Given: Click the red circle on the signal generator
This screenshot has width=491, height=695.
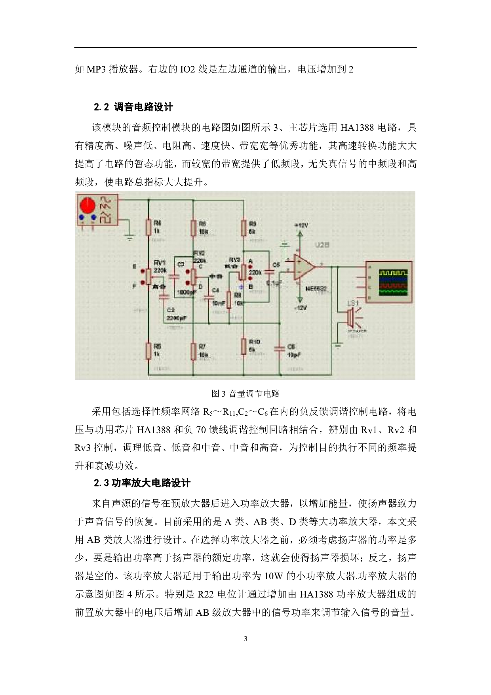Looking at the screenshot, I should [87, 205].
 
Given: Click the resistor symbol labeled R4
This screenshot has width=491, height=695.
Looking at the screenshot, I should [148, 227].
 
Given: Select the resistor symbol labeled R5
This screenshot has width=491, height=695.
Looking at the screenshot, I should [148, 351].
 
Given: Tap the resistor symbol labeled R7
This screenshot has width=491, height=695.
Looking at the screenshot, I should [193, 351].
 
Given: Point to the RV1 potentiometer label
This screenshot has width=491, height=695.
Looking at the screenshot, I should [159, 262].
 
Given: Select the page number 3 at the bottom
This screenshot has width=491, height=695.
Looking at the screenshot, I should [246, 638].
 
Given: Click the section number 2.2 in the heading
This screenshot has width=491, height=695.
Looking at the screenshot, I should [101, 107].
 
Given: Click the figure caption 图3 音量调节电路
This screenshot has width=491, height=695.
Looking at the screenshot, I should [246, 393].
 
